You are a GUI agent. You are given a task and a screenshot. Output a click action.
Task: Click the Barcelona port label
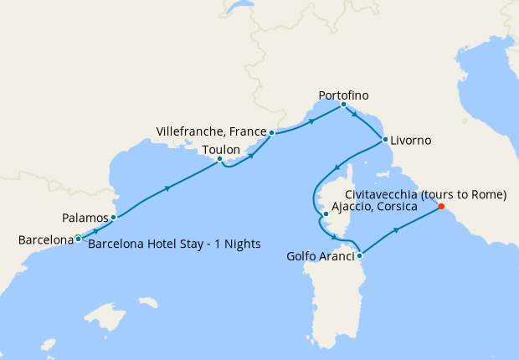pos(45,240)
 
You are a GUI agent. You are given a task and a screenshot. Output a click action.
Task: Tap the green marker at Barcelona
pos(78,239)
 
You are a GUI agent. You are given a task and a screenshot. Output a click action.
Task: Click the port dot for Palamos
pos(113,218)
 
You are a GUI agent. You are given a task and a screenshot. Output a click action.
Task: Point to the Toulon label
pos(221,149)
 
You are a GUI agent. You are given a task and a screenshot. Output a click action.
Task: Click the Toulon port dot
pos(219,159)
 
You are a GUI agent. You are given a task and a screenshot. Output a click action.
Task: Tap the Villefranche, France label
pos(211,132)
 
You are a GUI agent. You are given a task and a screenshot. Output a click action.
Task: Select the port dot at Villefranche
pos(271,132)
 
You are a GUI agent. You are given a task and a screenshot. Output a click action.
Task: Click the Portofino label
pos(344,95)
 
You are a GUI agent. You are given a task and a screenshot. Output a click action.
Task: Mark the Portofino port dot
pos(344,105)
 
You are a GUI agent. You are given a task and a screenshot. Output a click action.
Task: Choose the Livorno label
pos(411,140)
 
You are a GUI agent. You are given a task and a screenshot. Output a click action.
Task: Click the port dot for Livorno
pos(385,140)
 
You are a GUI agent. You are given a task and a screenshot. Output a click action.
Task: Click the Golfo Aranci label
pos(320,255)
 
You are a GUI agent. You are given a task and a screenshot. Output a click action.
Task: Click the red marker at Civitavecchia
pos(441,207)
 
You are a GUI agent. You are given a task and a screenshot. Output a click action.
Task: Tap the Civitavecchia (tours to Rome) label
pos(426,195)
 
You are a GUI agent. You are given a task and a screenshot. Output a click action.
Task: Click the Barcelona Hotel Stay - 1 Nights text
pos(174,244)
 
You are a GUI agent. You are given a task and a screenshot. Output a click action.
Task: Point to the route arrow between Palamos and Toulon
pos(168,188)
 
